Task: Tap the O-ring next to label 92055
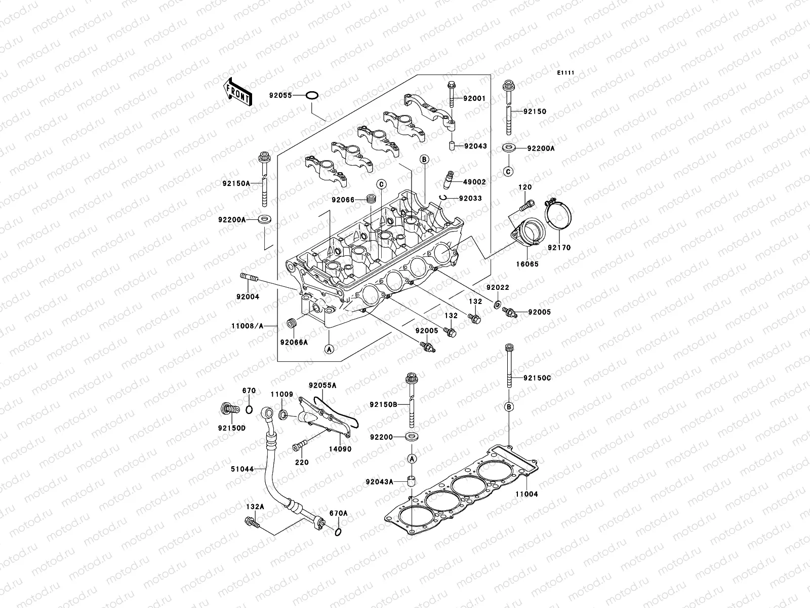coord(313,95)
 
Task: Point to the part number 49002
coord(474,182)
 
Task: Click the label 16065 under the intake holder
coord(528,264)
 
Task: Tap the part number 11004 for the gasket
coord(527,494)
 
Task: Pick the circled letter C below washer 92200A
coord(508,171)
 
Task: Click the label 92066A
coord(294,342)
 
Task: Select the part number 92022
coord(498,287)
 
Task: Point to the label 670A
coord(339,513)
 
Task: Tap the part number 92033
coord(470,199)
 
